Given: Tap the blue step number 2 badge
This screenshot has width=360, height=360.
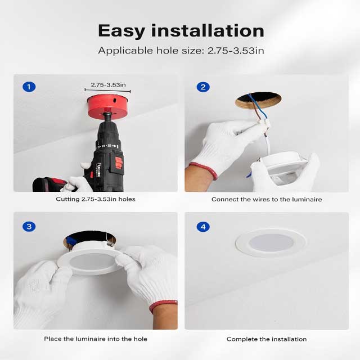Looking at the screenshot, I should pyautogui.click(x=203, y=87).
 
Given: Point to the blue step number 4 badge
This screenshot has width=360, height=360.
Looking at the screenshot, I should pyautogui.click(x=203, y=227).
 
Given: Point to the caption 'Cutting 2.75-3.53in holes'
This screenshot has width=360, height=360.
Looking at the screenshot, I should pyautogui.click(x=96, y=199).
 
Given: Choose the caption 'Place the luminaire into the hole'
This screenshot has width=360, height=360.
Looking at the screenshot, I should pyautogui.click(x=96, y=339).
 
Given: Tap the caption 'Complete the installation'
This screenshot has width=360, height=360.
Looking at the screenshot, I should pyautogui.click(x=267, y=339).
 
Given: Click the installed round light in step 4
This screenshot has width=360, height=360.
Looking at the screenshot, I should pyautogui.click(x=271, y=242).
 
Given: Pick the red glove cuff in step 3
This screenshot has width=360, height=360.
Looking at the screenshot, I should pyautogui.click(x=163, y=307).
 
